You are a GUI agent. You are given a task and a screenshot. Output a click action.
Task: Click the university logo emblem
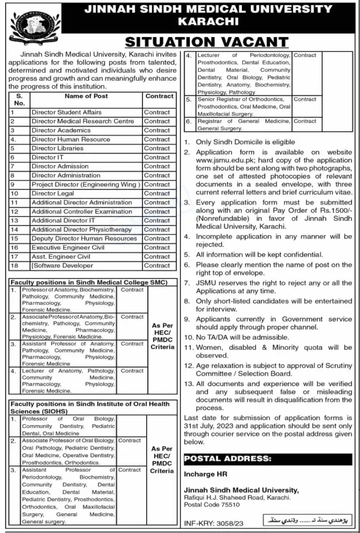tap(35, 26)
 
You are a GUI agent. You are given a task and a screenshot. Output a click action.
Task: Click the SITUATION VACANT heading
tap(207, 42)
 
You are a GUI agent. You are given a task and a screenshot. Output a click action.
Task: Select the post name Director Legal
tap(53, 193)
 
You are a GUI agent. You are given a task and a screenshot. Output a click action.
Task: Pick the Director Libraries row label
tap(58, 148)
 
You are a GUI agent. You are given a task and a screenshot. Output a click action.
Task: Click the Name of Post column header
tap(86, 96)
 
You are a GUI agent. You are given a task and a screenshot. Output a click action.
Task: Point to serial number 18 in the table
tap(15, 265)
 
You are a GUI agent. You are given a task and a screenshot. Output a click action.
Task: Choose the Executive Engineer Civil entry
tap(68, 247)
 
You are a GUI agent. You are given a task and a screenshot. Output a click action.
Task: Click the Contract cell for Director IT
tap(157, 157)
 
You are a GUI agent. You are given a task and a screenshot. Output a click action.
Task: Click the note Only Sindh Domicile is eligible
tap(246, 142)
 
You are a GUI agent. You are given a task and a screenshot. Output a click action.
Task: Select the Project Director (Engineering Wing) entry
tap(86, 184)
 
